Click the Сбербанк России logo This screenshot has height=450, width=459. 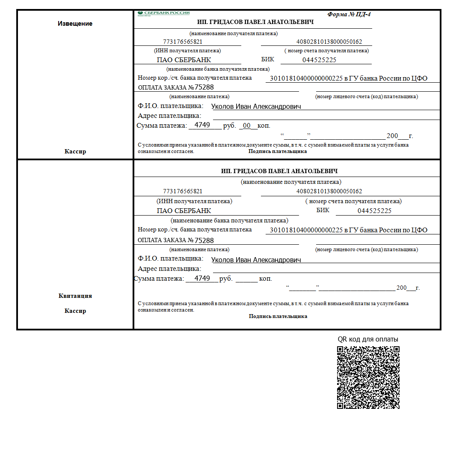(x=163, y=13)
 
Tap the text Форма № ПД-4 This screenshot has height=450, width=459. (x=349, y=14)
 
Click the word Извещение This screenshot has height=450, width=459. (x=75, y=24)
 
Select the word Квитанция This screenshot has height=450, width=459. (x=75, y=296)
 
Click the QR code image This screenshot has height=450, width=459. (x=368, y=377)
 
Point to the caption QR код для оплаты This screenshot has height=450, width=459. (x=368, y=339)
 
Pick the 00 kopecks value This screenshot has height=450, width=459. (x=246, y=126)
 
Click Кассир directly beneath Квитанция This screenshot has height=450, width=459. (x=75, y=311)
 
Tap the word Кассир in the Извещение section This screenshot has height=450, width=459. (x=75, y=151)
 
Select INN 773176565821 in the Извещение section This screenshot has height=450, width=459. (x=183, y=42)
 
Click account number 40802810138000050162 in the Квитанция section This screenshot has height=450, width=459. (x=329, y=191)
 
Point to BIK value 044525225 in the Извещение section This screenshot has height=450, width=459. (x=319, y=60)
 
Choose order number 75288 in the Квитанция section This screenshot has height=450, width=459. (x=204, y=240)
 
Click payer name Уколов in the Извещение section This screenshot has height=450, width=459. (x=223, y=107)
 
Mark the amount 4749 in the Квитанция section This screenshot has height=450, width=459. (x=202, y=279)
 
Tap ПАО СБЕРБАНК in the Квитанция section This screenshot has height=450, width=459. (x=184, y=211)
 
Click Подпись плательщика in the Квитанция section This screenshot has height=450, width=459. (x=278, y=316)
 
